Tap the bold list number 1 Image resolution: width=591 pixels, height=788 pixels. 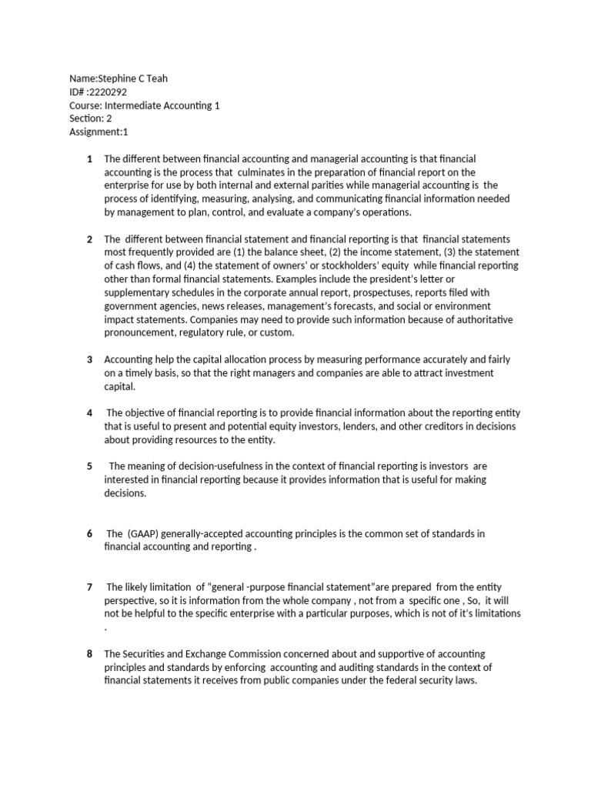90,159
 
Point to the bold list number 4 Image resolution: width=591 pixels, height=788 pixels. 90,413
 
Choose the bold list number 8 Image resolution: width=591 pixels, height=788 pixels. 90,654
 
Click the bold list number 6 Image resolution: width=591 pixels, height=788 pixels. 90,533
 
